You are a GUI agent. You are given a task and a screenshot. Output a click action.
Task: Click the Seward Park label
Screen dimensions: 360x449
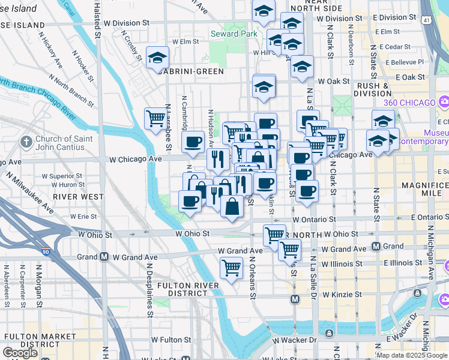[234, 34]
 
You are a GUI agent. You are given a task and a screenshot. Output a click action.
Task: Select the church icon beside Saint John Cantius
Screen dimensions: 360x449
[26, 142]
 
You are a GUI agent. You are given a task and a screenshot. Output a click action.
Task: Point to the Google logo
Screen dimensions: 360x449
[20, 352]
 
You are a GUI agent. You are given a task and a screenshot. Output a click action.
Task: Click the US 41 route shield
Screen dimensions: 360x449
[425, 20]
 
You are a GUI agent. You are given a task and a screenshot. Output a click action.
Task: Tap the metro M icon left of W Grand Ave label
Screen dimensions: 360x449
[104, 257]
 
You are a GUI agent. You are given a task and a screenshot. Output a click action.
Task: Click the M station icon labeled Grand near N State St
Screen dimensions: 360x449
[376, 246]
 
